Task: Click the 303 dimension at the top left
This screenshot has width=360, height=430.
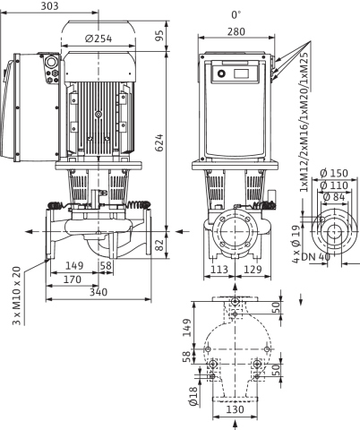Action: [x=49, y=6]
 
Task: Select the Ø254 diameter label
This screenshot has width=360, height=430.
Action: [x=99, y=39]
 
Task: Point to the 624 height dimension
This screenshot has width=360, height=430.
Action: [x=160, y=142]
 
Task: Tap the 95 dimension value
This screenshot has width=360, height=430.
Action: [x=160, y=36]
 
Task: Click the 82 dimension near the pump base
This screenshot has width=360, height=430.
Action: [x=160, y=245]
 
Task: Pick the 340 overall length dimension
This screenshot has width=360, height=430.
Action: [x=99, y=292]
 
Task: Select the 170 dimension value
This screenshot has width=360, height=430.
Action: [x=73, y=279]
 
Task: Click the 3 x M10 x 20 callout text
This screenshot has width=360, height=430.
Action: [x=17, y=296]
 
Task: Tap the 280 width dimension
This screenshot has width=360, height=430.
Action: [x=236, y=31]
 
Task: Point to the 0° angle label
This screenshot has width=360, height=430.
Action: [x=236, y=14]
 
